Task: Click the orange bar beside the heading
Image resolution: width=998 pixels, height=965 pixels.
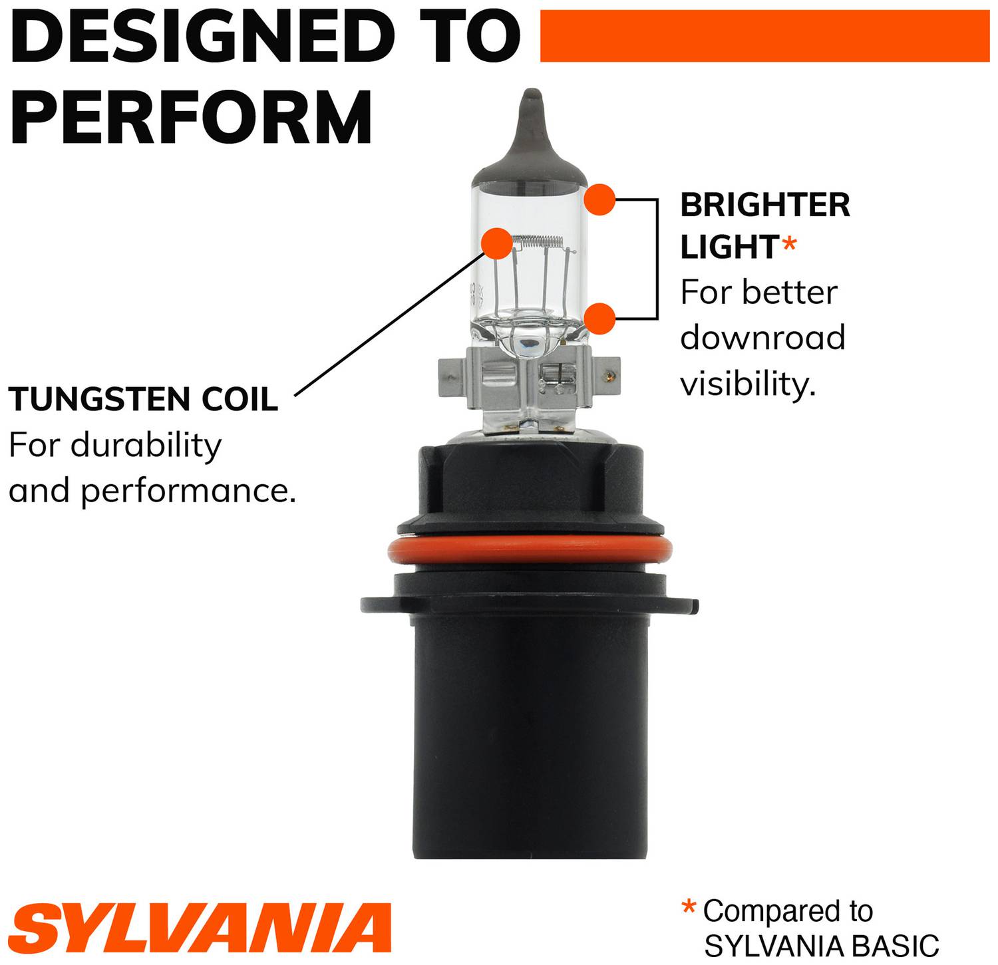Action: coord(764,36)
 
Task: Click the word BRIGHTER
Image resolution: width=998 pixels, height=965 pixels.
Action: coord(765,205)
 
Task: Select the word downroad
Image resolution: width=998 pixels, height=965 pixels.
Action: coord(762,338)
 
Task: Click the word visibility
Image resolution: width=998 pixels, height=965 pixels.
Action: coord(747,384)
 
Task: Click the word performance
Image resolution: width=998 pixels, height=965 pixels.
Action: coord(188,492)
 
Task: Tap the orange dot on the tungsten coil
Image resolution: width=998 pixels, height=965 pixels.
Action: coord(497,243)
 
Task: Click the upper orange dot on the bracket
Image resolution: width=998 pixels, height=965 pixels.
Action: coord(599,200)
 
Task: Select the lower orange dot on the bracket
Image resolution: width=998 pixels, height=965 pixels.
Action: coord(600,319)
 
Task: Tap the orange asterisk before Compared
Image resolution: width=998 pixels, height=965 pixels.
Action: coord(689,908)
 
